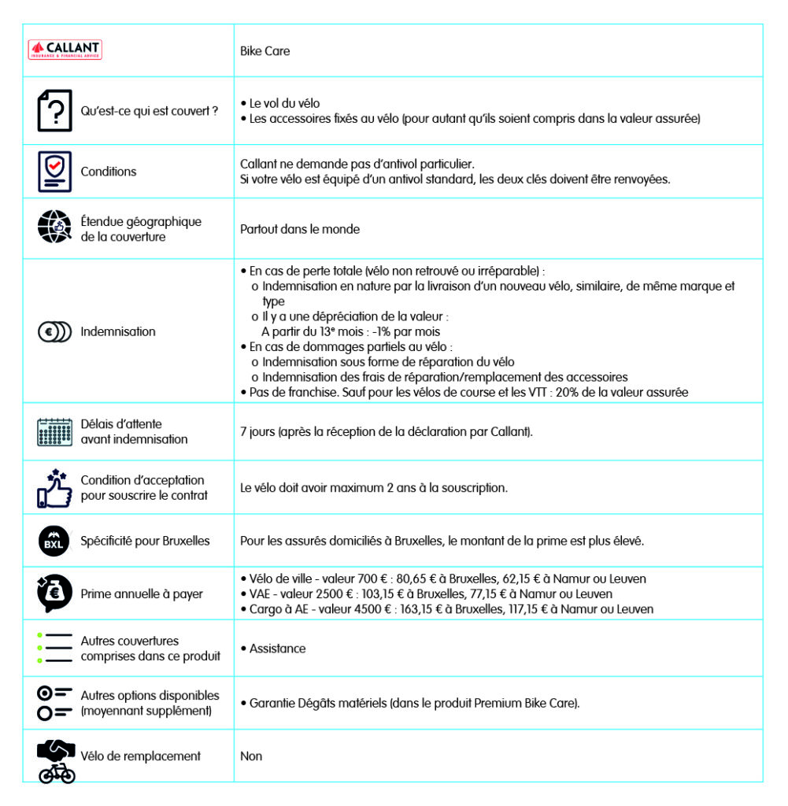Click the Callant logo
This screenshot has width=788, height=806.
[x=65, y=50]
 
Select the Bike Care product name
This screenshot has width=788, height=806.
[x=265, y=51]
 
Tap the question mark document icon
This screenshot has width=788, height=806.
[x=54, y=111]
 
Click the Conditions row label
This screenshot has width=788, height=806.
[x=108, y=172]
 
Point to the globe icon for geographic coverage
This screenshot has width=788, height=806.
[x=54, y=228]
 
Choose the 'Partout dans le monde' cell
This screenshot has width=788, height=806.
[x=299, y=229]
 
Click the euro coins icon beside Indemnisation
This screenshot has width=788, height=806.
[x=54, y=331]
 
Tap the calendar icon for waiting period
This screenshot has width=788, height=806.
[x=54, y=431]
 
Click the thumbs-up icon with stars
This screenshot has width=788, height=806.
[x=54, y=487]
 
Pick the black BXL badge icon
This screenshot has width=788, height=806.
[x=54, y=541]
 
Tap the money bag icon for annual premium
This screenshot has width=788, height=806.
[x=54, y=593]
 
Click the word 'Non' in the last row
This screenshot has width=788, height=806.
[x=251, y=756]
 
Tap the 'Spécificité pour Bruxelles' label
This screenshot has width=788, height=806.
[x=145, y=541]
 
